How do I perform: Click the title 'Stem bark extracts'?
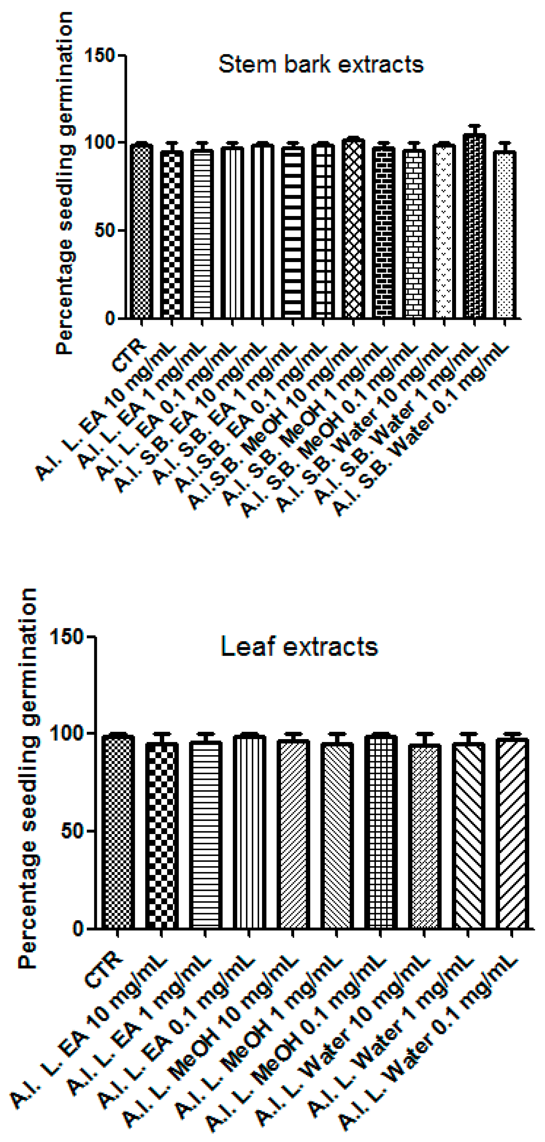(x=321, y=64)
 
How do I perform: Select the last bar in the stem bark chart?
(x=505, y=235)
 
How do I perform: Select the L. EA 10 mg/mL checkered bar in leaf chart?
(x=162, y=836)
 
